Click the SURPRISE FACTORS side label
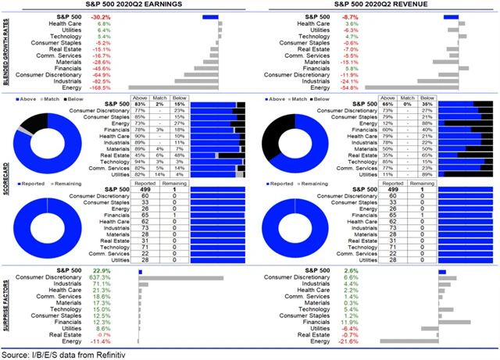coord(6,307)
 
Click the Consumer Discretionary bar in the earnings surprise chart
coord(180,277)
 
